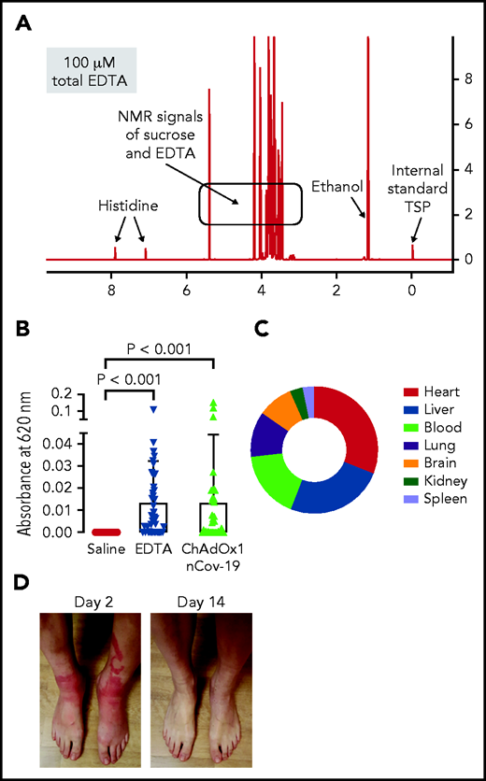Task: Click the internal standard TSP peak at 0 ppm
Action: click(412, 251)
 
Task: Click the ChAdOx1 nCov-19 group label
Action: click(212, 552)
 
